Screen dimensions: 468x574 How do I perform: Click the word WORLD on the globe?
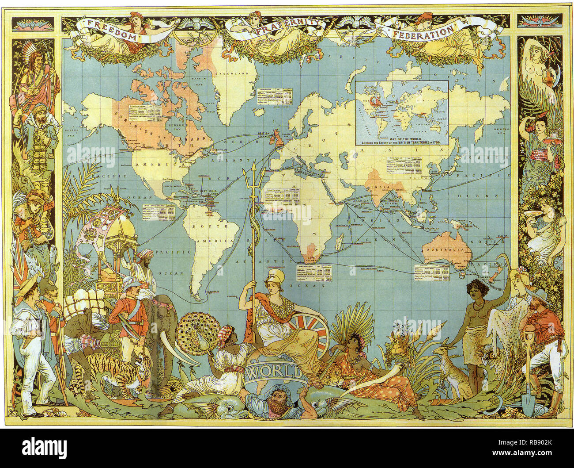click(x=273, y=371)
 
